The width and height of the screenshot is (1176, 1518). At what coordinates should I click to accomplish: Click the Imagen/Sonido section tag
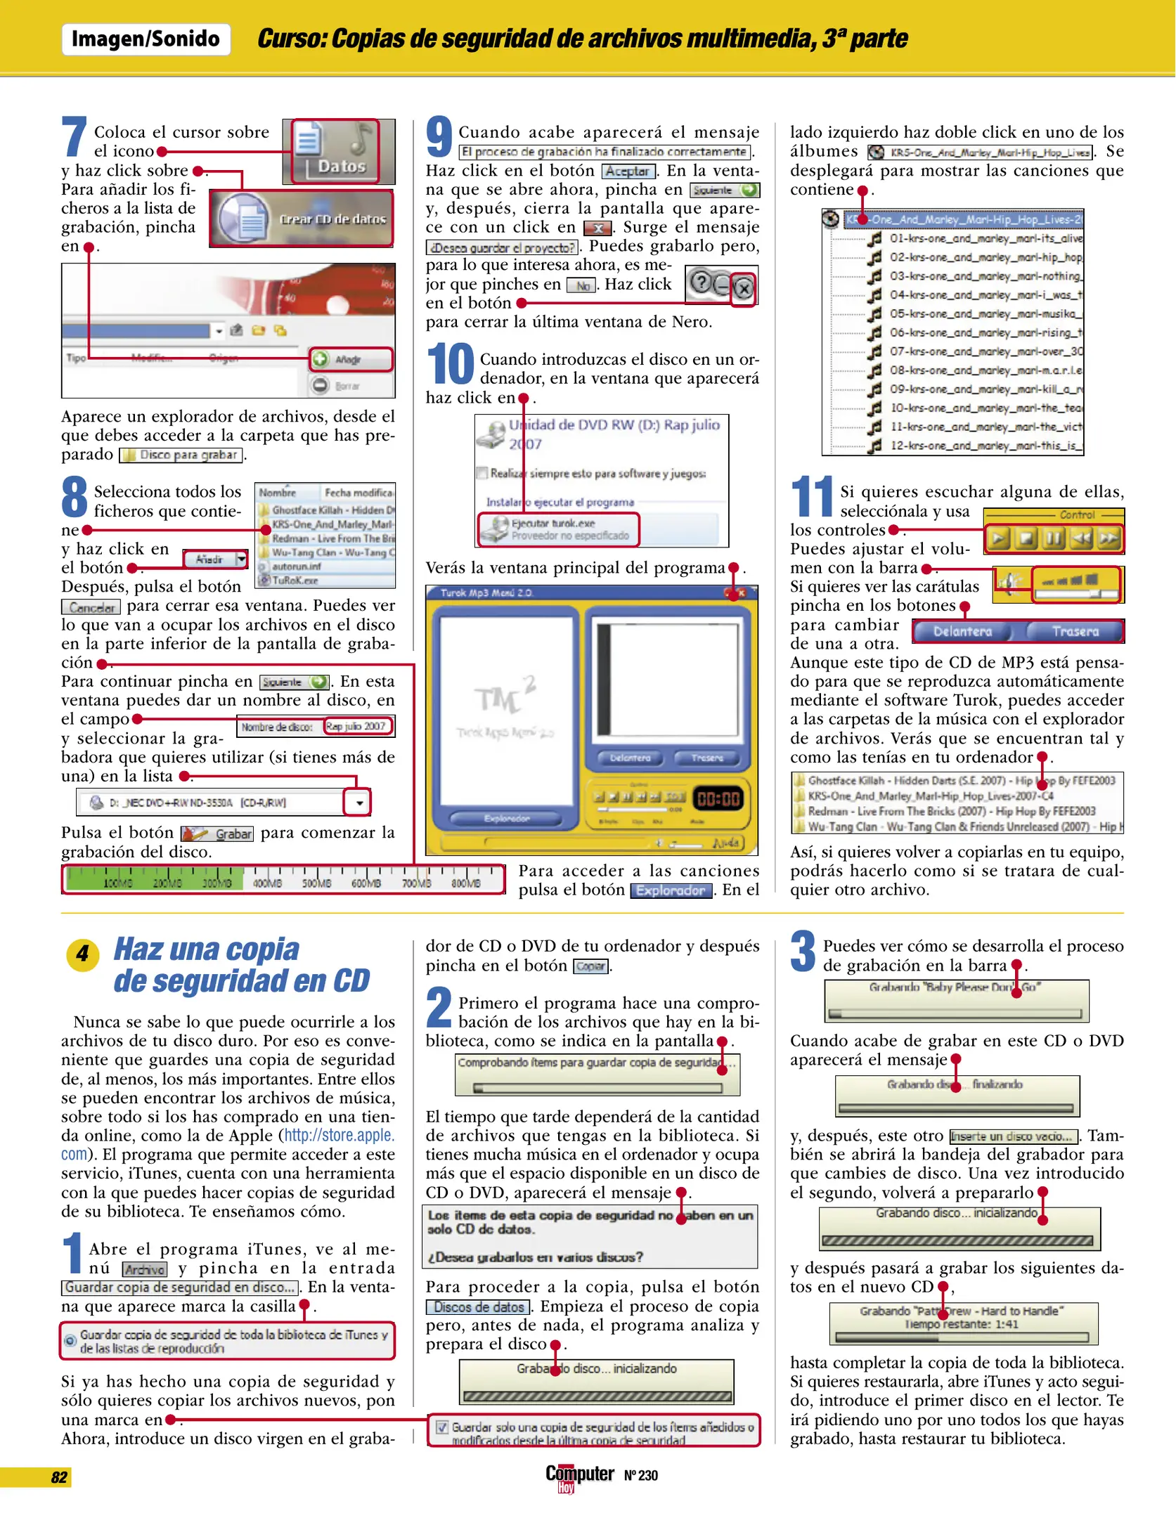point(146,39)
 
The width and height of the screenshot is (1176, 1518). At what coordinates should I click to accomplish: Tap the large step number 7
point(74,137)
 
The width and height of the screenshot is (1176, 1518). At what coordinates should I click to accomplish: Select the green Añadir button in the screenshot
point(350,359)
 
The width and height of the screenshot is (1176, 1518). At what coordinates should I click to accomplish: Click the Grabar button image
point(217,833)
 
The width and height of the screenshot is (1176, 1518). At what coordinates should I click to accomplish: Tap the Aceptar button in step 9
point(628,171)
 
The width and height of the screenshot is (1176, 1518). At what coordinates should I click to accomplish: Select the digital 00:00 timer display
point(718,799)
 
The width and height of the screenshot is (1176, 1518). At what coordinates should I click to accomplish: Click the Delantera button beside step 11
point(962,632)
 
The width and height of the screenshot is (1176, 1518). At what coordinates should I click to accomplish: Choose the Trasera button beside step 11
point(1075,632)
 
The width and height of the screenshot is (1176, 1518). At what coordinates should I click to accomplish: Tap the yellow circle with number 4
point(82,954)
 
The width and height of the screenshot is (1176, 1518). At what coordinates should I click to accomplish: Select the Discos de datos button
point(479,1307)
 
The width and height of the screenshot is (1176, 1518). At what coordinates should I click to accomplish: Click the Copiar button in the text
point(590,966)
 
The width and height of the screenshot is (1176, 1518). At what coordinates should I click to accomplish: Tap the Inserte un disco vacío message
point(1013,1136)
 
